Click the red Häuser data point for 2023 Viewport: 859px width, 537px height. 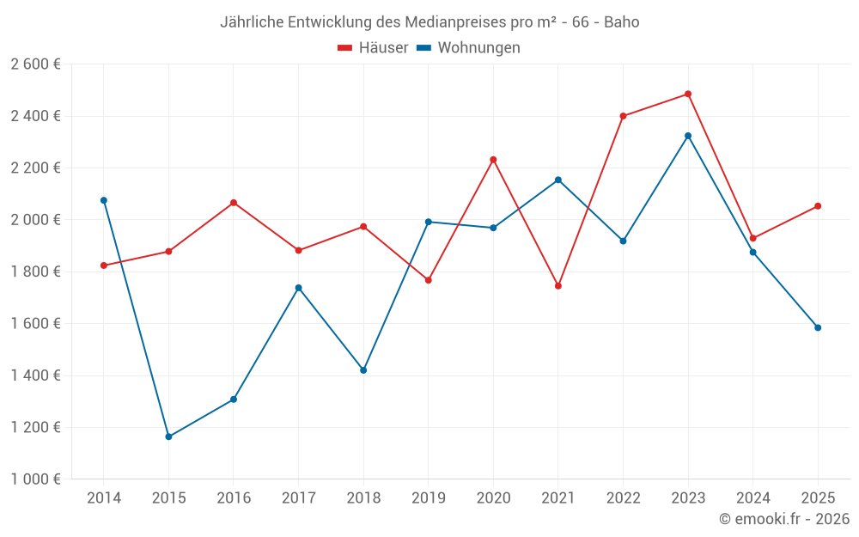[x=688, y=95]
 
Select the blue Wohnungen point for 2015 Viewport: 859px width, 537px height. [x=168, y=436]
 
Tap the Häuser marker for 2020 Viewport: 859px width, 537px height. [x=493, y=160]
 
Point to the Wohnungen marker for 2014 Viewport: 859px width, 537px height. [x=104, y=200]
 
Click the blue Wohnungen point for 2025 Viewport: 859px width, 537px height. [x=818, y=327]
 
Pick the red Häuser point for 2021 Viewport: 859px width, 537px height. [x=558, y=286]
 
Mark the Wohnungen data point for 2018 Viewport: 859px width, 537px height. [x=363, y=370]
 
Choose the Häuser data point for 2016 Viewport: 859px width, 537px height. [x=234, y=203]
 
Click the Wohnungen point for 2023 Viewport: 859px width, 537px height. [x=688, y=136]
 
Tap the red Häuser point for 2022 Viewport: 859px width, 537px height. [x=623, y=116]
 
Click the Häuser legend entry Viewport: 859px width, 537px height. [x=373, y=48]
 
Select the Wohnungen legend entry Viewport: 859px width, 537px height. [x=469, y=48]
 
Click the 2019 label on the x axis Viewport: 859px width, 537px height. [x=428, y=498]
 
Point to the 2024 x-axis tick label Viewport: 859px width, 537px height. [x=752, y=498]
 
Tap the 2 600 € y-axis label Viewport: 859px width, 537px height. [x=35, y=64]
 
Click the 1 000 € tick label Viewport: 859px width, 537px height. [x=35, y=479]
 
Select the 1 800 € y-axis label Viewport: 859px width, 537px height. [x=35, y=272]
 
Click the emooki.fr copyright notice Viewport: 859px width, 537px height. [x=784, y=519]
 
